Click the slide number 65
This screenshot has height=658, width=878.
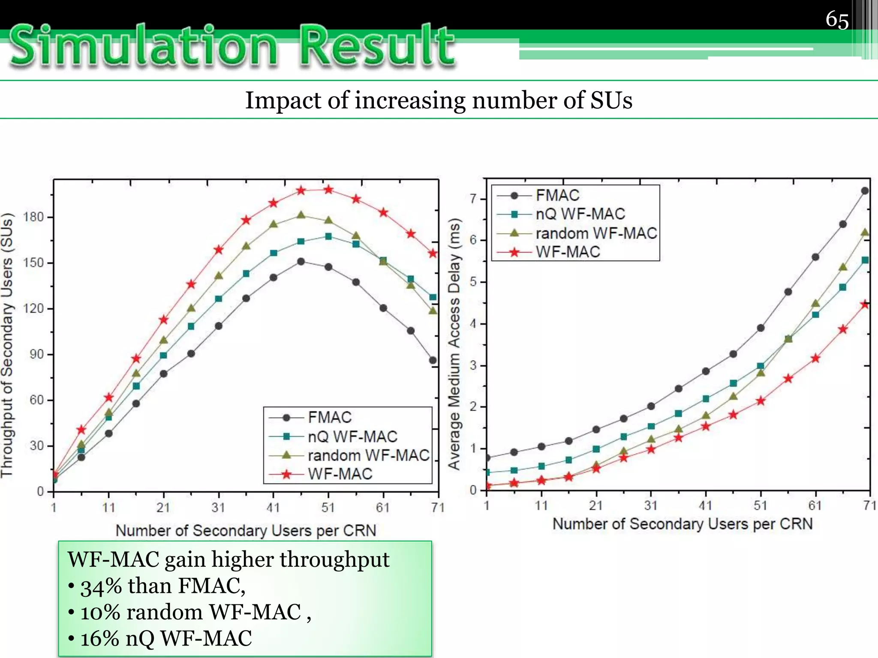click(x=837, y=21)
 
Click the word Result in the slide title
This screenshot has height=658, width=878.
click(x=377, y=46)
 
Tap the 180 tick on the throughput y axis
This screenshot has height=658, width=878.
click(x=34, y=217)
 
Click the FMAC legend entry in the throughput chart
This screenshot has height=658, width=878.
click(x=329, y=417)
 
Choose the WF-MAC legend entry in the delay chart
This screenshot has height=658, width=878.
click(x=568, y=252)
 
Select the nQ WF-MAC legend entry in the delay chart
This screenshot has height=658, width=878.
click(x=580, y=214)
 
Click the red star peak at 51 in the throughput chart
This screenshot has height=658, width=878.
click(x=328, y=189)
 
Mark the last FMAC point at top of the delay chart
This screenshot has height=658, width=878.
click(x=865, y=191)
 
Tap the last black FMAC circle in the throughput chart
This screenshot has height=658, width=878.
click(x=433, y=360)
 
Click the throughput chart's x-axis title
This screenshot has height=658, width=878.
click(x=246, y=531)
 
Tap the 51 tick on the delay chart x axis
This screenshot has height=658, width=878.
click(x=760, y=506)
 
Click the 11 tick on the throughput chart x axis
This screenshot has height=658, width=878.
click(x=108, y=508)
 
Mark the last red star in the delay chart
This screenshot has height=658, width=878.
click(x=865, y=305)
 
